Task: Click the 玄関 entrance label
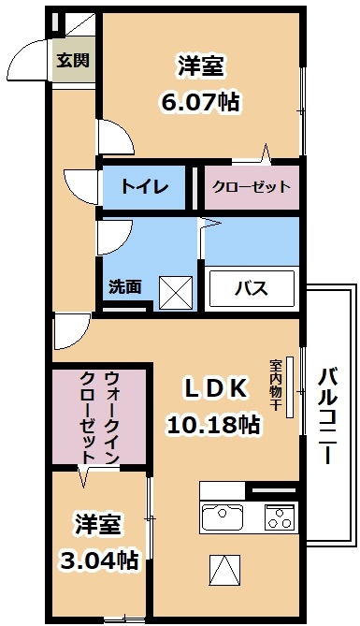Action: pos(72,62)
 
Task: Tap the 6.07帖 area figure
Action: pos(202,102)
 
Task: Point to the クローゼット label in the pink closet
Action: pos(251,186)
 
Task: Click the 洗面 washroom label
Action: pos(124,286)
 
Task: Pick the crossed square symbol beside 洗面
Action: pos(176,291)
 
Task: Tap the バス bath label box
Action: pos(250,287)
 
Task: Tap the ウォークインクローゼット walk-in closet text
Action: pos(98,418)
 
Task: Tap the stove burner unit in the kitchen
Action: pos(280,515)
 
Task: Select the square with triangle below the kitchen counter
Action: pos(223,569)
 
